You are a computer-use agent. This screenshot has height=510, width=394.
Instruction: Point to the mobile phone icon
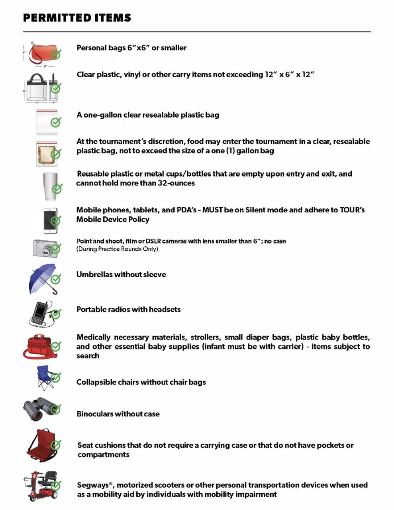[x=50, y=220]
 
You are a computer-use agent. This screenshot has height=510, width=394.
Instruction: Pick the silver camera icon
[x=45, y=249]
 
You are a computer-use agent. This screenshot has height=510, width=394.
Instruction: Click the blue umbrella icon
[x=42, y=278]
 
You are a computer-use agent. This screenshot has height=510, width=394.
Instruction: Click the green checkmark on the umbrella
[x=56, y=279]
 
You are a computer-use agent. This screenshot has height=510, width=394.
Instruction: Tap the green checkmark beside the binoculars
[x=55, y=409]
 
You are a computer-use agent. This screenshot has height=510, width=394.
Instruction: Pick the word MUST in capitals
[x=212, y=210]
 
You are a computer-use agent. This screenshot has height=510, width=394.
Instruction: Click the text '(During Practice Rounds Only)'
[x=117, y=249]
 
